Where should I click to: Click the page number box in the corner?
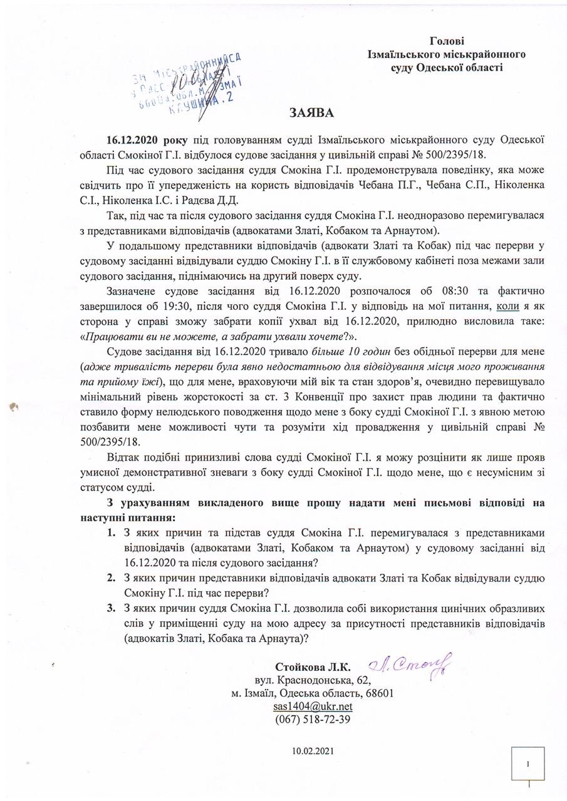pos(529,764)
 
